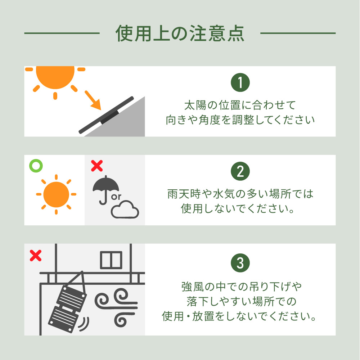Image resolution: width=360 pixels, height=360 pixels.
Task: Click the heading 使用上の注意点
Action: [x=180, y=33]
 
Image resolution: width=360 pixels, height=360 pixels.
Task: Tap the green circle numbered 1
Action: [x=240, y=82]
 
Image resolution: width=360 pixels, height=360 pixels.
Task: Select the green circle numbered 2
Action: [x=240, y=171]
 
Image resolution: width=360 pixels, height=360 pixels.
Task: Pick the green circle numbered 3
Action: [x=240, y=263]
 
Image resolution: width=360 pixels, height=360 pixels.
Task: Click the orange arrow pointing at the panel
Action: [x=93, y=100]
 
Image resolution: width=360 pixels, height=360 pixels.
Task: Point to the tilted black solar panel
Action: [x=106, y=115]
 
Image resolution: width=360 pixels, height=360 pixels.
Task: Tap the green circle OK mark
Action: [x=36, y=166]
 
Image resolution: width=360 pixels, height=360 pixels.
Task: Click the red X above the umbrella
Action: [x=97, y=166]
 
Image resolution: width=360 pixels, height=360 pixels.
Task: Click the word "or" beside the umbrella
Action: [x=116, y=197]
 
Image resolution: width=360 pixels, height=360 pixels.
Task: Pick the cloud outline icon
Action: [x=125, y=210]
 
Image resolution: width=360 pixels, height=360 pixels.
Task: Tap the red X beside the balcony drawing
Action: [x=36, y=256]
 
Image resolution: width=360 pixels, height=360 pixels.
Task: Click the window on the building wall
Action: [x=111, y=260]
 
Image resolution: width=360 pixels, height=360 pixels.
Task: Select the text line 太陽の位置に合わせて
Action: [x=240, y=105]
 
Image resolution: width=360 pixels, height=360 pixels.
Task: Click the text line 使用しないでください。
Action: [x=238, y=209]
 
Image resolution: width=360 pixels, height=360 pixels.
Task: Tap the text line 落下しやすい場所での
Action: [x=242, y=301]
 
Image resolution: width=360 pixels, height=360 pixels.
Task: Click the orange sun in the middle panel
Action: [x=56, y=194]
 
